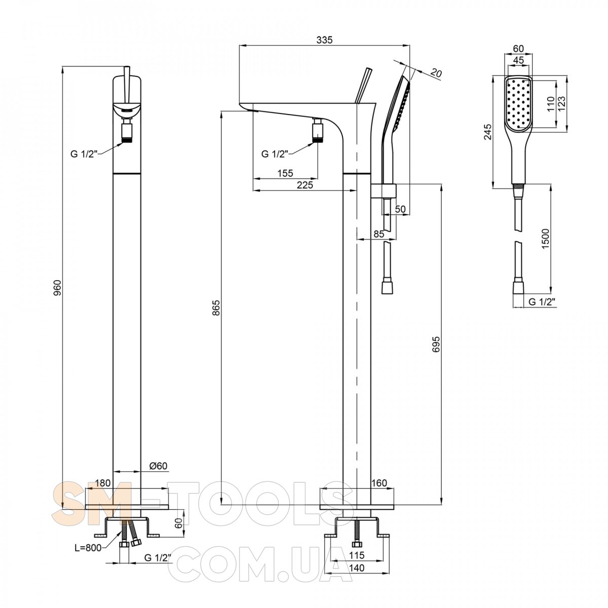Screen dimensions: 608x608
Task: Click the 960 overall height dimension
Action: (57, 287)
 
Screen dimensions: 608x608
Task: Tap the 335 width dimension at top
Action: (325, 40)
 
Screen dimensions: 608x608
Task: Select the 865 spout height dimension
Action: (216, 308)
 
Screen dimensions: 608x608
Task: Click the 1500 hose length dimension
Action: (546, 239)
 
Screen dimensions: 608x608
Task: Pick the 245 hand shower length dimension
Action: (487, 132)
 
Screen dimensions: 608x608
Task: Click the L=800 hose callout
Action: (88, 548)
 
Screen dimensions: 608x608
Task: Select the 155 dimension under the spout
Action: (285, 173)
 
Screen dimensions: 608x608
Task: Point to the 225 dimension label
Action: (305, 185)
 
